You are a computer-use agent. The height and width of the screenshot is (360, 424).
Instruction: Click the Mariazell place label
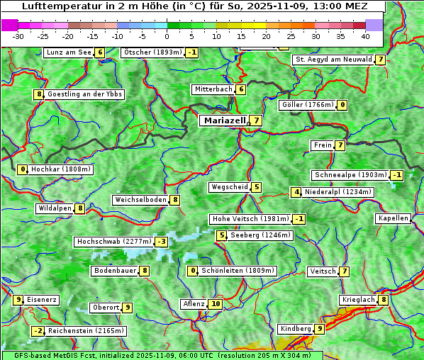point(224,120)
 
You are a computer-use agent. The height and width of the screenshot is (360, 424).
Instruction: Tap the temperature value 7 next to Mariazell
point(255,120)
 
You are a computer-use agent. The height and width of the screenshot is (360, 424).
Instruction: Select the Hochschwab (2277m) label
point(113,242)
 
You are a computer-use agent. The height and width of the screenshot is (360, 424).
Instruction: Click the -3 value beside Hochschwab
point(162,242)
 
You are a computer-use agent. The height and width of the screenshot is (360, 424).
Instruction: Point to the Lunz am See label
point(68,52)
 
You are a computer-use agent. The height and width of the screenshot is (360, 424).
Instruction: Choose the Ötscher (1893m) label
point(152,52)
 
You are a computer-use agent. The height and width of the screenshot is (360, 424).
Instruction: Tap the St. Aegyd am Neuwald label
point(333,60)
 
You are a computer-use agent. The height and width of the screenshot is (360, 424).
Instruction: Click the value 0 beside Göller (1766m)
point(342,105)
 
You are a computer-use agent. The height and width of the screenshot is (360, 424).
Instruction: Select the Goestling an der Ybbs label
point(84,94)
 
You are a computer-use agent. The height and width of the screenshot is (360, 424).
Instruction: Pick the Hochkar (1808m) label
point(61,169)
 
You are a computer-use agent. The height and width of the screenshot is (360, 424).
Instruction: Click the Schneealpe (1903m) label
point(350,175)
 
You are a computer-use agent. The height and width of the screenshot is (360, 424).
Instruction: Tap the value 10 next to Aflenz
point(216,304)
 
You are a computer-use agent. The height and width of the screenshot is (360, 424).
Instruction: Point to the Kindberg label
point(295,329)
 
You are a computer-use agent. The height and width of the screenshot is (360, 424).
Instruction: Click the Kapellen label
point(393,218)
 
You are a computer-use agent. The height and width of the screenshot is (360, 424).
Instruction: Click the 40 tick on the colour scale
point(365,35)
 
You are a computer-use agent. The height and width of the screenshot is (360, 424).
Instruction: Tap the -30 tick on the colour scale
point(18,35)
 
